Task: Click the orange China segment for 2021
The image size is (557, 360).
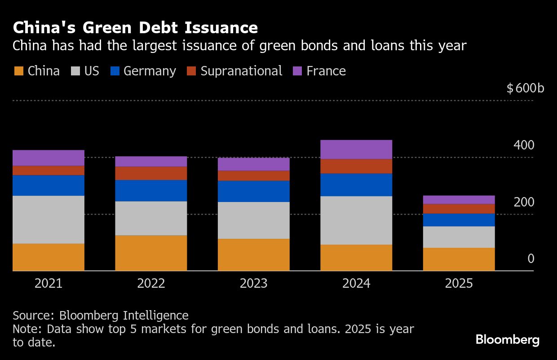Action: tap(49, 257)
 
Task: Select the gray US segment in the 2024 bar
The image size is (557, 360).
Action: tap(356, 220)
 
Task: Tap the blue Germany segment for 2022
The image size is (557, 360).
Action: tap(151, 190)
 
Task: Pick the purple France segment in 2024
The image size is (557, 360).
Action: tap(356, 149)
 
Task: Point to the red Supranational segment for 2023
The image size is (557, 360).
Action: tap(254, 176)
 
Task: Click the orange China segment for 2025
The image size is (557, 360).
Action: tap(459, 259)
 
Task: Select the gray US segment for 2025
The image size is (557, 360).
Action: tap(459, 237)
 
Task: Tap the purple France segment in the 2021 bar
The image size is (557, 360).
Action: tap(49, 158)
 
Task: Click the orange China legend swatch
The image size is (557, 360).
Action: tap(18, 71)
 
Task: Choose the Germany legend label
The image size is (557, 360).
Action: tap(150, 71)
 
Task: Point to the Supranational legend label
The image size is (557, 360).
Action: tap(241, 71)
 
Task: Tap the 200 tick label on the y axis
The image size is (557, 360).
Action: tap(524, 202)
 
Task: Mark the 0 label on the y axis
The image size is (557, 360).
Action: tap(531, 259)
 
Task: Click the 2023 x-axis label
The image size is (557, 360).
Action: tap(254, 283)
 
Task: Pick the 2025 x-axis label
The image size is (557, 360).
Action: tap(459, 283)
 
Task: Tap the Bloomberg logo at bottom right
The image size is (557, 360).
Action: tap(507, 340)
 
